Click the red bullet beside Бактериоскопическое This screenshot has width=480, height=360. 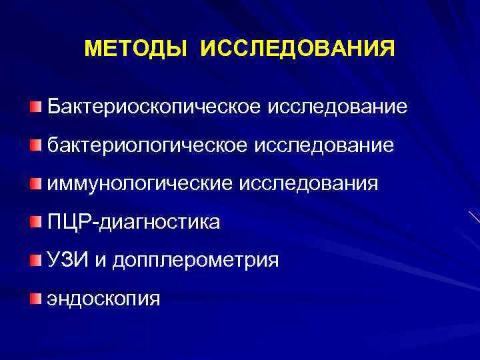[35, 107]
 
